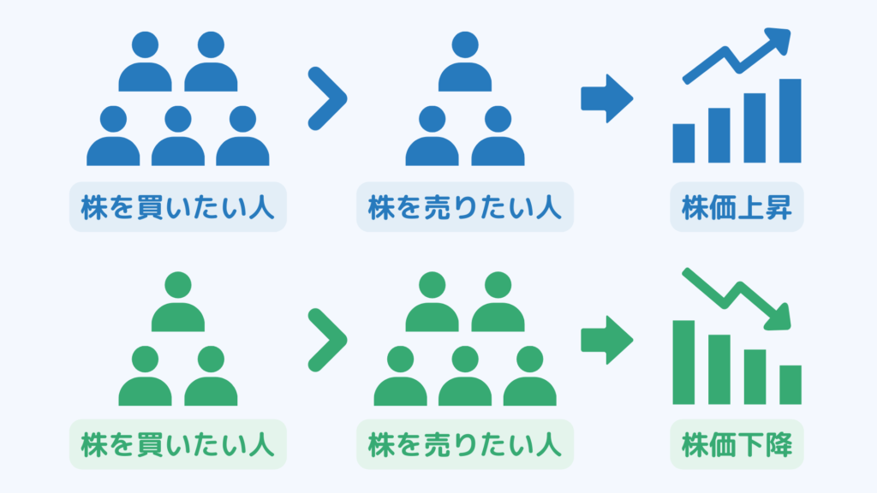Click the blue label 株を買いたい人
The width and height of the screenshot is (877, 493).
(177, 208)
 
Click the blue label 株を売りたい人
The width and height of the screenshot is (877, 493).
(465, 208)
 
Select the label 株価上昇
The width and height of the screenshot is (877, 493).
(737, 208)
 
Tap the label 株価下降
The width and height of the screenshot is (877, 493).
(737, 445)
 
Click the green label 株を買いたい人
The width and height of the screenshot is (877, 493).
(177, 445)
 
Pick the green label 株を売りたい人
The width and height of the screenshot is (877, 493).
(465, 445)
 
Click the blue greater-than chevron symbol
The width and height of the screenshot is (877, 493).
(327, 99)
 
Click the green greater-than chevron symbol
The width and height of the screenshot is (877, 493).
(327, 340)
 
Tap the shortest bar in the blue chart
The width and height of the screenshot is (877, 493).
(683, 144)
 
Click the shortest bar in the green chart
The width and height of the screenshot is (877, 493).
(790, 384)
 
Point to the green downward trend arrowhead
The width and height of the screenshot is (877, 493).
(779, 317)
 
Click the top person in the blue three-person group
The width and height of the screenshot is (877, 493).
(464, 64)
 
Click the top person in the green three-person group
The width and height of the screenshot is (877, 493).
(178, 304)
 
